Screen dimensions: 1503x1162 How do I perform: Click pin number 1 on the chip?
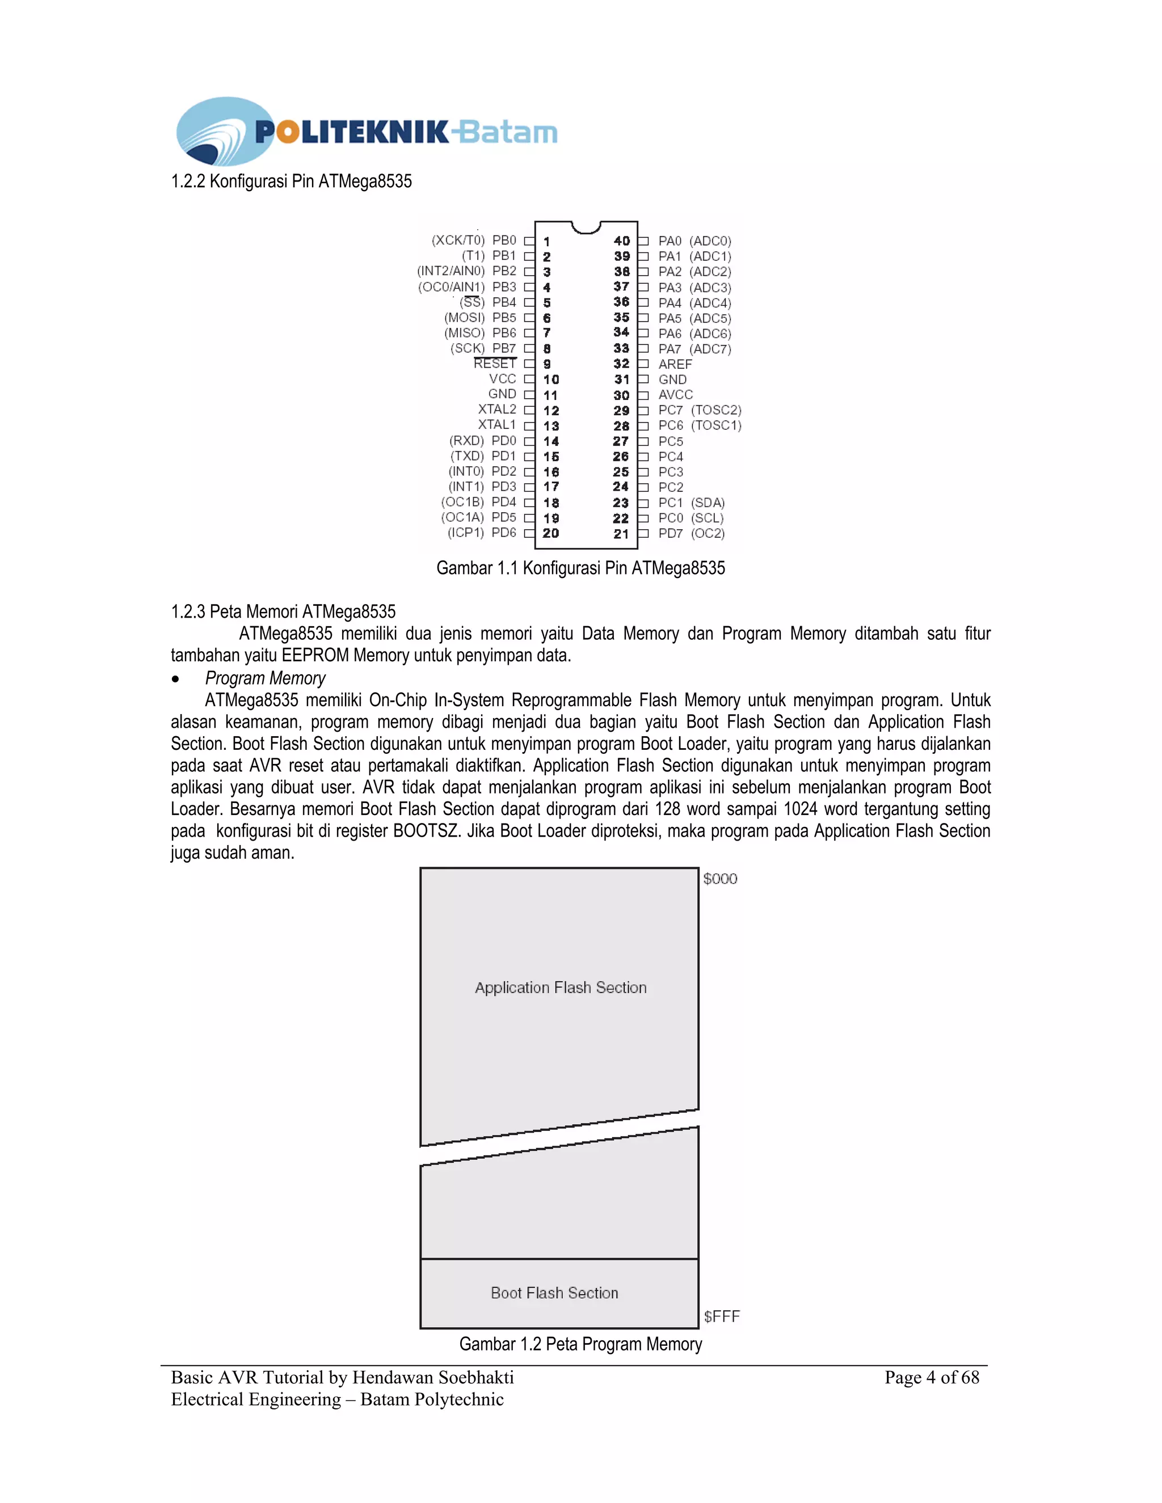click(x=546, y=242)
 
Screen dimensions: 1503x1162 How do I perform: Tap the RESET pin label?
click(x=494, y=364)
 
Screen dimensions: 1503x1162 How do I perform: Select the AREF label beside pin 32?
click(x=675, y=364)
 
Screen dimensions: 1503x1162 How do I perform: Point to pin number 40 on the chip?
click(x=622, y=241)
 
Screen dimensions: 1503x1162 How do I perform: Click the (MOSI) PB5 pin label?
click(x=480, y=318)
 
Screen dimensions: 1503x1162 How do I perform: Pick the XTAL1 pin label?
click(x=496, y=425)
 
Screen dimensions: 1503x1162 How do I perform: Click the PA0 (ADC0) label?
click(x=694, y=241)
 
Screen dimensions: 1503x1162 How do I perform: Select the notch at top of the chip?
click(x=587, y=227)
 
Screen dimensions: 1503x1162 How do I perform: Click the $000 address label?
click(x=720, y=879)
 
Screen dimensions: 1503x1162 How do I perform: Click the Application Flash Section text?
click(x=561, y=987)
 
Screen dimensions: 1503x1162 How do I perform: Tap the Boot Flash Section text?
click(x=554, y=1293)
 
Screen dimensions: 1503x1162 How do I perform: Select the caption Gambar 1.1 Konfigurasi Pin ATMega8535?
click(x=580, y=568)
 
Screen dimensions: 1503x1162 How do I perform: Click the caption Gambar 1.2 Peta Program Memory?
click(x=580, y=1344)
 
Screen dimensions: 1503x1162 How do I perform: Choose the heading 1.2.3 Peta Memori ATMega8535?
click(x=283, y=612)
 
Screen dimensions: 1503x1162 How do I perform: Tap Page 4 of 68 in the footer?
click(x=932, y=1377)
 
